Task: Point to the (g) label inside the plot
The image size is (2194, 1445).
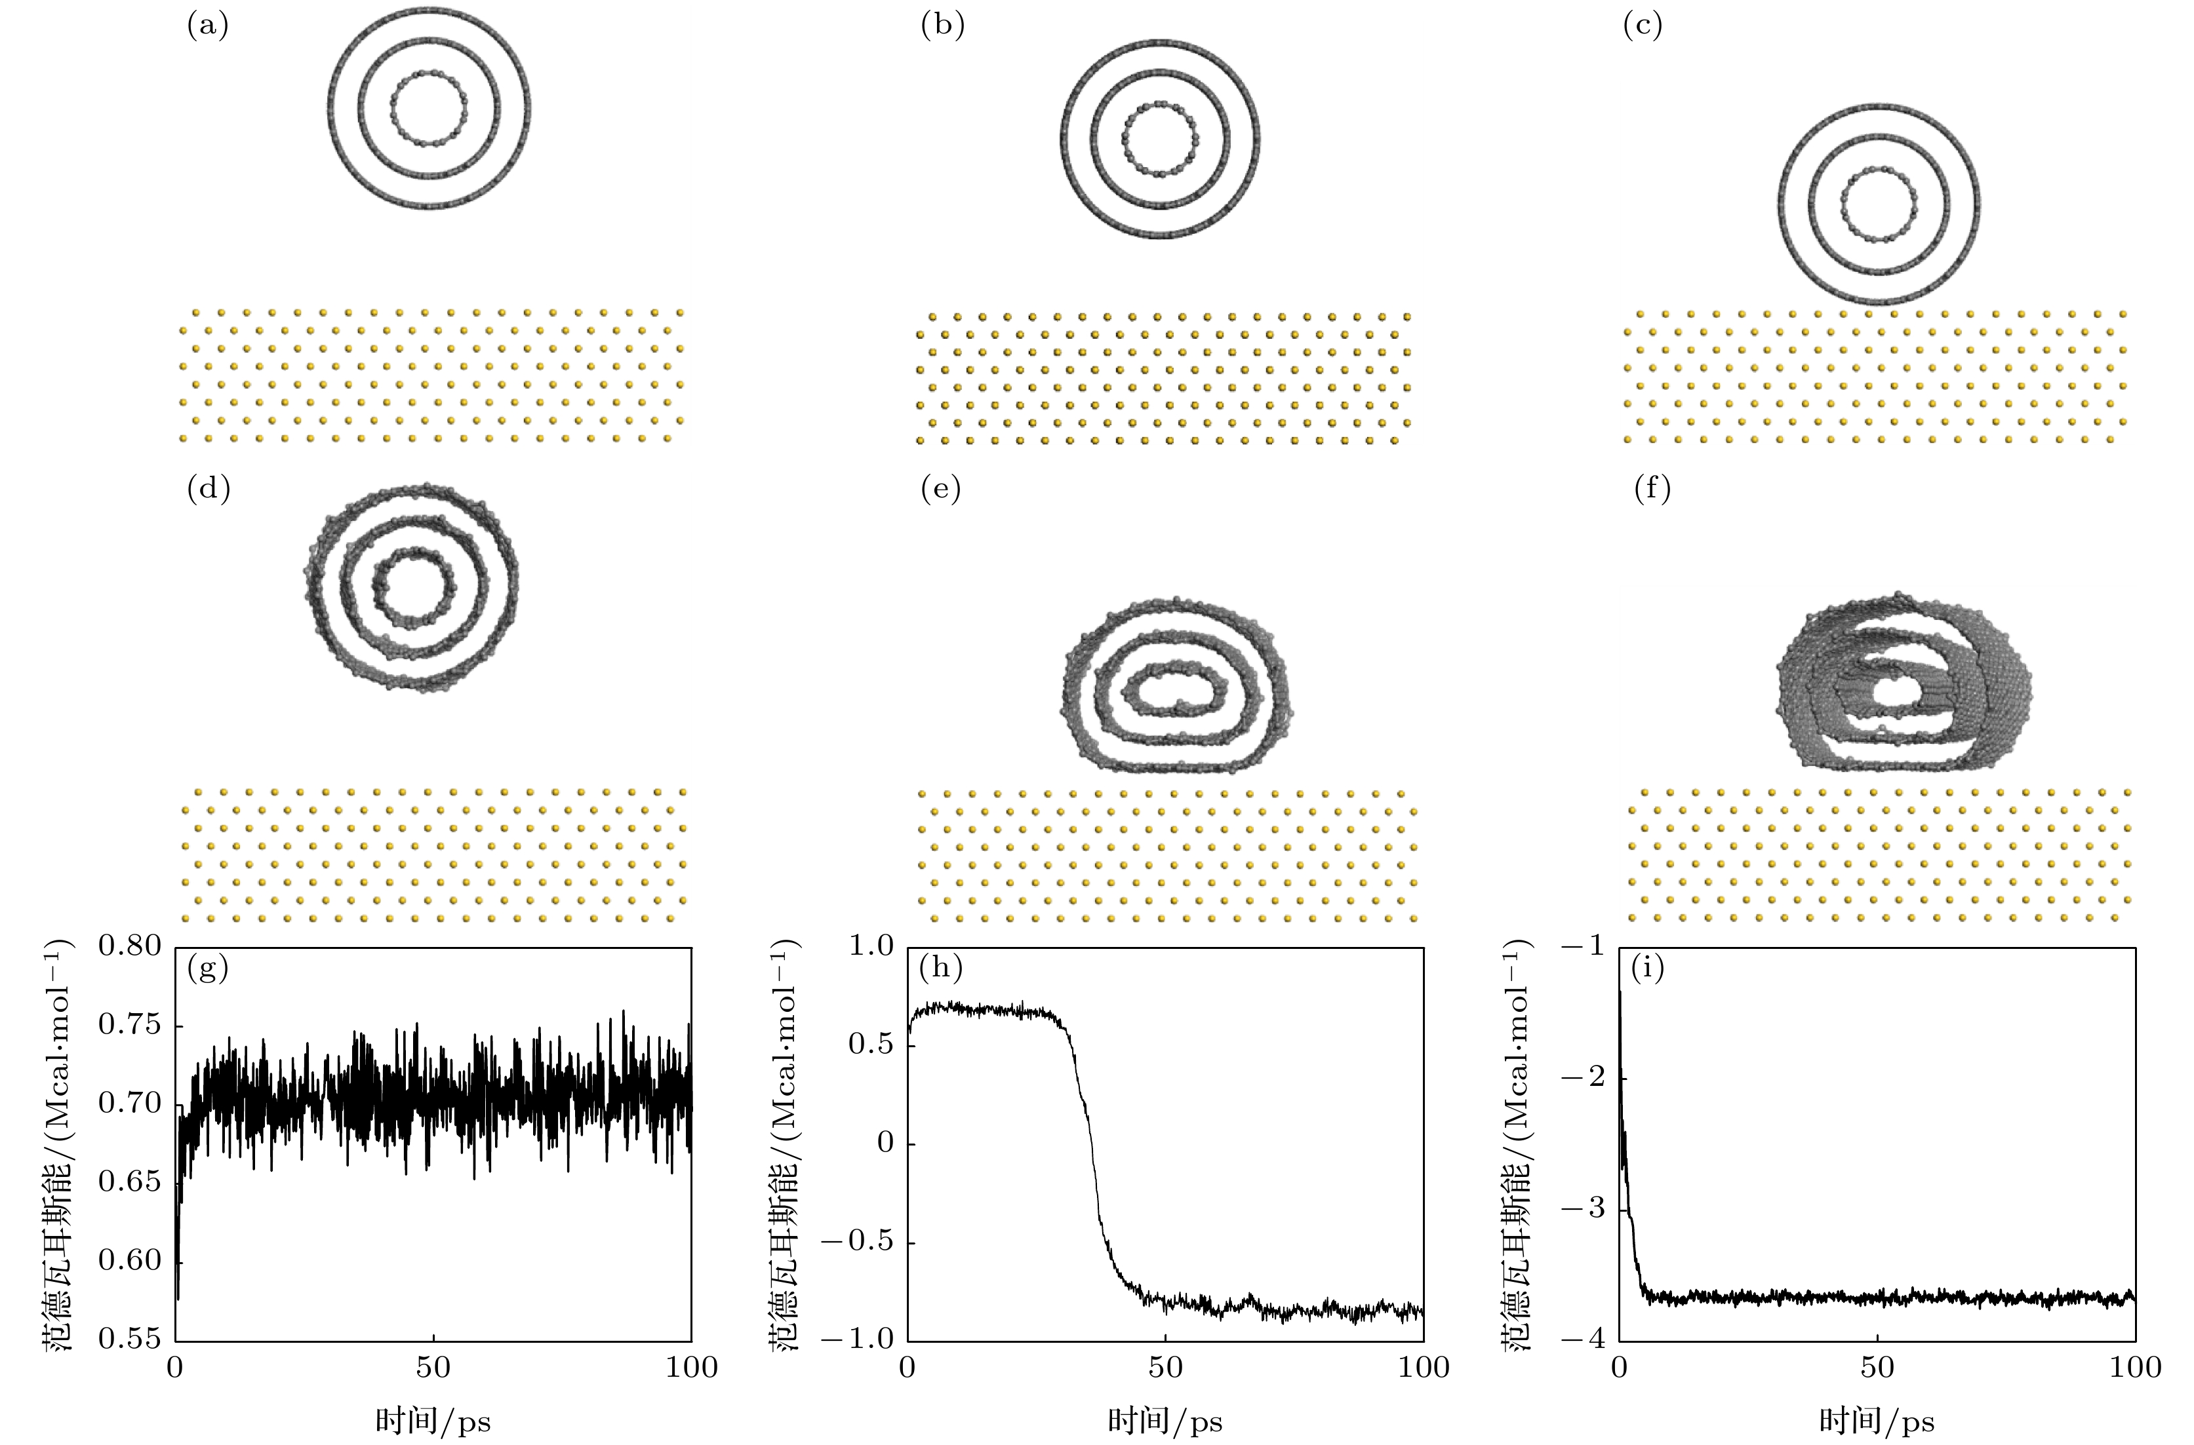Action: pos(207,969)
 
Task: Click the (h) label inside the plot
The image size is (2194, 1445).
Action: pos(940,969)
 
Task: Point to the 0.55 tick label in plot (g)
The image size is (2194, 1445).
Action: pos(129,1338)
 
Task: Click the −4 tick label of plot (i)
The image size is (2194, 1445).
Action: pos(1584,1338)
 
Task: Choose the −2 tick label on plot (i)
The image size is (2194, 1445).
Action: pos(1584,1078)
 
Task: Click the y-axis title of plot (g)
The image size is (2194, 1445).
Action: pos(57,1143)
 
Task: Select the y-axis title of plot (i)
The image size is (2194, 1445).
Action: pos(1517,1143)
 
